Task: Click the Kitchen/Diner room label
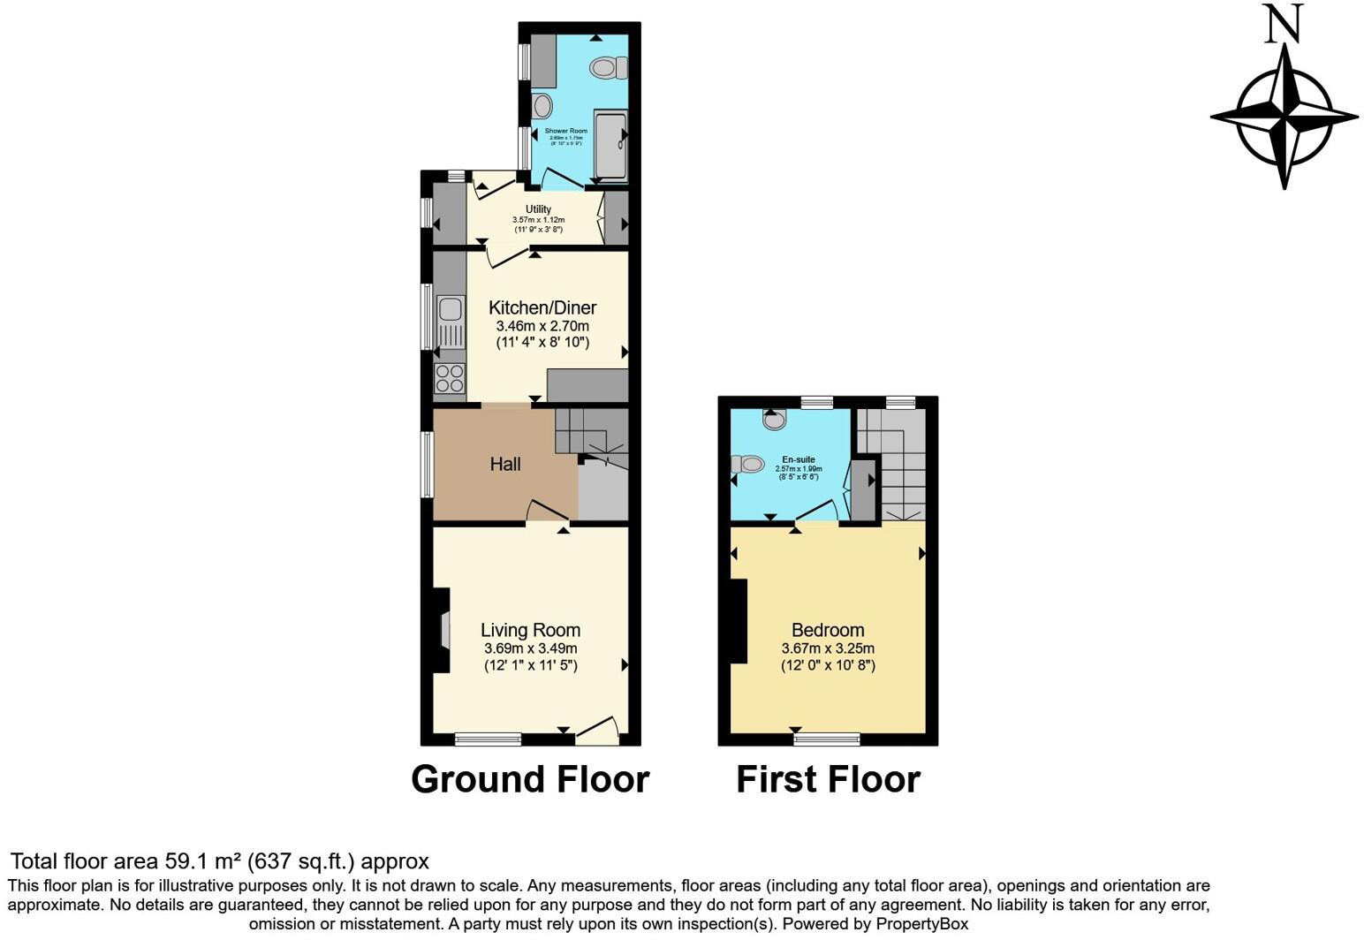point(542,307)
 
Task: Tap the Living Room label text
point(530,630)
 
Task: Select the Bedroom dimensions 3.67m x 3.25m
point(828,648)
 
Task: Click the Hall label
point(505,464)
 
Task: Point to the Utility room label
point(538,209)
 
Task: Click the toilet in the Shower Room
point(608,67)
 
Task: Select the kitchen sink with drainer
point(450,322)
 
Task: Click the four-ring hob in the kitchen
point(450,378)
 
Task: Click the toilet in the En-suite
point(748,464)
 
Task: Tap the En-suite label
point(799,459)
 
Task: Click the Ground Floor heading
point(530,779)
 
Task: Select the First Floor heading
point(828,779)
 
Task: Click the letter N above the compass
point(1284,25)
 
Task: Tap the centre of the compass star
point(1284,116)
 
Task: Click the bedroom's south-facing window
point(827,739)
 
